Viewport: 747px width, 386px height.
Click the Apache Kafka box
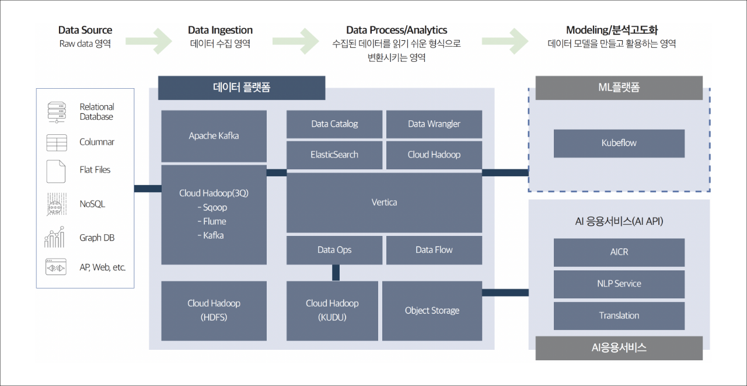tap(214, 136)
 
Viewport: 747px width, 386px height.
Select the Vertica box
tap(384, 203)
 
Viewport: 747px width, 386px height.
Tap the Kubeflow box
tap(619, 144)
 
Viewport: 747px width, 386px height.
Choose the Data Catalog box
tap(334, 124)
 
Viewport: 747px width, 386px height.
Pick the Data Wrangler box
tap(434, 124)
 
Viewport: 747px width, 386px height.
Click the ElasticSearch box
tap(334, 155)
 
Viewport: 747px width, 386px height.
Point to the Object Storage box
tap(432, 311)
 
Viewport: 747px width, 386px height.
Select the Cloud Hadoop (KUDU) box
tap(332, 311)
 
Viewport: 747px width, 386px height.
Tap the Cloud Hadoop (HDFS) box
tap(214, 311)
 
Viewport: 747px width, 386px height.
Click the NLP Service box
tap(619, 284)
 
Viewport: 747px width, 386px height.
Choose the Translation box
tap(619, 316)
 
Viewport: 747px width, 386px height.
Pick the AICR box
tap(619, 252)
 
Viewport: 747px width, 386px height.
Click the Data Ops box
tap(334, 250)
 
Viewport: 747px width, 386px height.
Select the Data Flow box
tap(434, 250)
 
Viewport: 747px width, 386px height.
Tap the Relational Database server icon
tap(57, 113)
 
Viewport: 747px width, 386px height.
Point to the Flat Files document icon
tap(55, 172)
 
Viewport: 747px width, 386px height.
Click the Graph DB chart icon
tap(54, 237)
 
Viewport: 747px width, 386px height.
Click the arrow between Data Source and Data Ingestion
tap(149, 41)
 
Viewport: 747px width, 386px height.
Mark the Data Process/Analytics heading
tap(396, 30)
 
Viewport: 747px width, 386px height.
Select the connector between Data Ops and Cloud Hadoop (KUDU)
tap(336, 273)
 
